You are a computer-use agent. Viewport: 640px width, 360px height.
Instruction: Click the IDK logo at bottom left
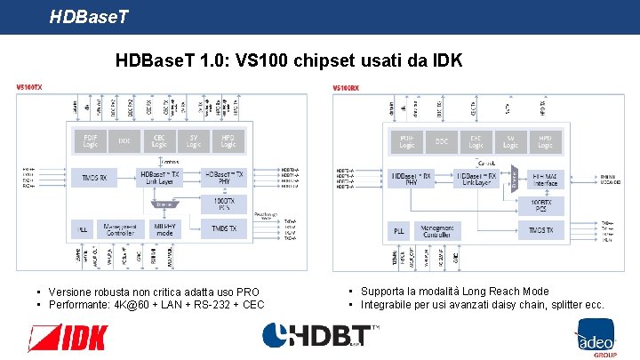pyautogui.click(x=68, y=338)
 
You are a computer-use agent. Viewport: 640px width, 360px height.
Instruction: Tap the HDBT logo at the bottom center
pyautogui.click(x=320, y=336)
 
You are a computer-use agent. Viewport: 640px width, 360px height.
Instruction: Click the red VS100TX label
pyautogui.click(x=29, y=87)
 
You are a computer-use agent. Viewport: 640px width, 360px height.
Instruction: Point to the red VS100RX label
pyautogui.click(x=346, y=87)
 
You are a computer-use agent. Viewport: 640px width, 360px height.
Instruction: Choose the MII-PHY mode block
pyautogui.click(x=163, y=229)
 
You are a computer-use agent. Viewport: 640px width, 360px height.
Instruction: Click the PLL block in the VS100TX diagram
pyautogui.click(x=82, y=229)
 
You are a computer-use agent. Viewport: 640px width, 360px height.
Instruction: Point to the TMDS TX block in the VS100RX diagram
pyautogui.click(x=540, y=231)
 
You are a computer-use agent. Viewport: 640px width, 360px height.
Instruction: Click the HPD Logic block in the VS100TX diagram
pyautogui.click(x=228, y=141)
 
